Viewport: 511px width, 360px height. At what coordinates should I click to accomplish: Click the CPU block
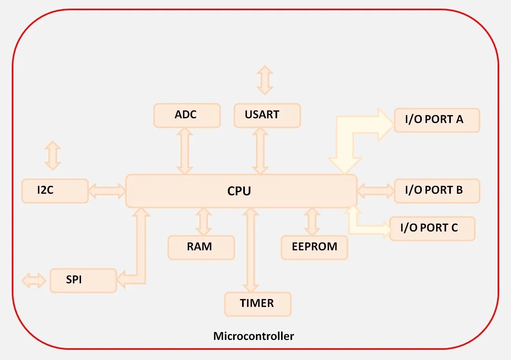click(x=241, y=191)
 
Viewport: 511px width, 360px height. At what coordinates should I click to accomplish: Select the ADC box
click(x=187, y=116)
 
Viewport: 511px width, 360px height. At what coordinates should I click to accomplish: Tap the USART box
click(x=267, y=116)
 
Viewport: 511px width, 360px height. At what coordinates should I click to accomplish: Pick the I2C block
click(x=55, y=191)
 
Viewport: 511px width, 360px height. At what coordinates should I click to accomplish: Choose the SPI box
click(x=83, y=281)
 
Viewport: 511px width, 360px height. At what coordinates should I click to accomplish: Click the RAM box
click(x=201, y=248)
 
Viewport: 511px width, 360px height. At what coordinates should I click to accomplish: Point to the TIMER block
click(x=257, y=304)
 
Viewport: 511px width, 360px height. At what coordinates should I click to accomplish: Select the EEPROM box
click(x=314, y=248)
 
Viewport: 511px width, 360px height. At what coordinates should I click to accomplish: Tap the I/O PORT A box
click(x=436, y=120)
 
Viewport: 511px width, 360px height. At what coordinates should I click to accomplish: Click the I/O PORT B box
click(x=436, y=191)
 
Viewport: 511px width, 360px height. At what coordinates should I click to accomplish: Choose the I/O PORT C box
click(x=432, y=228)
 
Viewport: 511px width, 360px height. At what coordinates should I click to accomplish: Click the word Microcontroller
click(x=254, y=336)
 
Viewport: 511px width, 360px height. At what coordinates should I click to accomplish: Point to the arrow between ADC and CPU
click(x=185, y=151)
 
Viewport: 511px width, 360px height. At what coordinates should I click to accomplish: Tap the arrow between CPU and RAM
click(x=204, y=222)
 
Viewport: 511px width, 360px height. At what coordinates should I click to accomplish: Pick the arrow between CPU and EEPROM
click(x=312, y=222)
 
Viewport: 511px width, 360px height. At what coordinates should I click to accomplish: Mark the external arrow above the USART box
click(x=265, y=80)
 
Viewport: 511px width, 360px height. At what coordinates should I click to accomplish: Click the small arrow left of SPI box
click(x=34, y=281)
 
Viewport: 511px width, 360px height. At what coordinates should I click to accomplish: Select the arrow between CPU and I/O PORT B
click(x=375, y=191)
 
